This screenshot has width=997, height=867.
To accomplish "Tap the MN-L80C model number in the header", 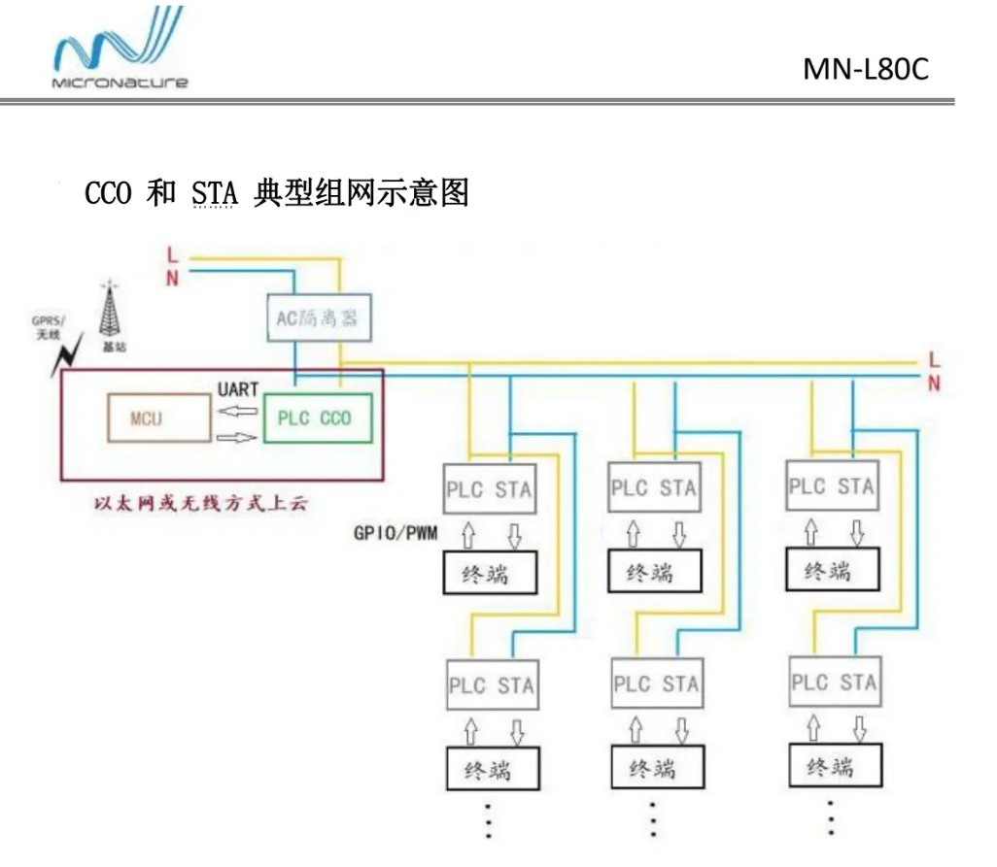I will click(866, 69).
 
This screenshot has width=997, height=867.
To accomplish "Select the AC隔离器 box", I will click(307, 318).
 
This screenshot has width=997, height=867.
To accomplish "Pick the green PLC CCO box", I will click(317, 418).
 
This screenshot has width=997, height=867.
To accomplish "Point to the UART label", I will click(238, 389).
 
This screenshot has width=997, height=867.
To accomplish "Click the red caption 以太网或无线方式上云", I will click(200, 505).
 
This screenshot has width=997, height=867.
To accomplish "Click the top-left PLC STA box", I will click(489, 488).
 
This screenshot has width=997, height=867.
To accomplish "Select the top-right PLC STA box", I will click(832, 485).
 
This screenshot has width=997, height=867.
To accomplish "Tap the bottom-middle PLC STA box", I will click(656, 684).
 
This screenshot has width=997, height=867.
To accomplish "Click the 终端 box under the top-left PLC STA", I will click(490, 573).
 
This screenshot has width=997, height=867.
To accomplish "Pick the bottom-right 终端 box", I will click(831, 767).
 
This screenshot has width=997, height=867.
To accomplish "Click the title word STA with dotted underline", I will click(214, 195).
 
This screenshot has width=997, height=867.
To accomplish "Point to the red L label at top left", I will click(172, 256).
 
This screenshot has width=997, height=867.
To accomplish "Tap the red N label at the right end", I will click(934, 383).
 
